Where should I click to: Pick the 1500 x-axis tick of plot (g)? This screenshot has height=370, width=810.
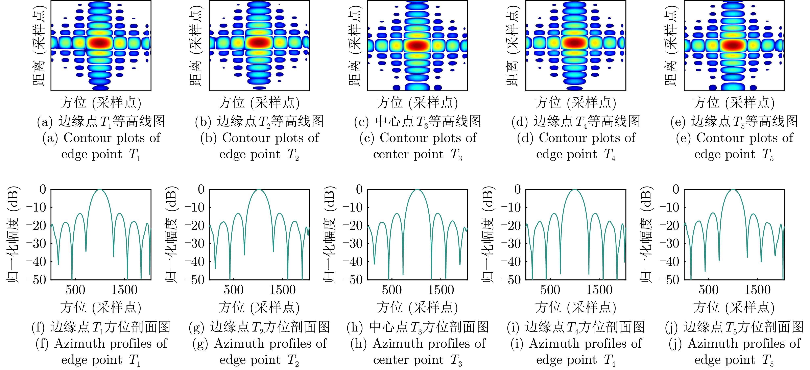282,290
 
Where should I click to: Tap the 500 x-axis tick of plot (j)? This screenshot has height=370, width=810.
708,290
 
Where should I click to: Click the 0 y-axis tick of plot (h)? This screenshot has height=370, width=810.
359,189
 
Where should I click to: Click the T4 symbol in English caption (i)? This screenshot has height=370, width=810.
609,360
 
